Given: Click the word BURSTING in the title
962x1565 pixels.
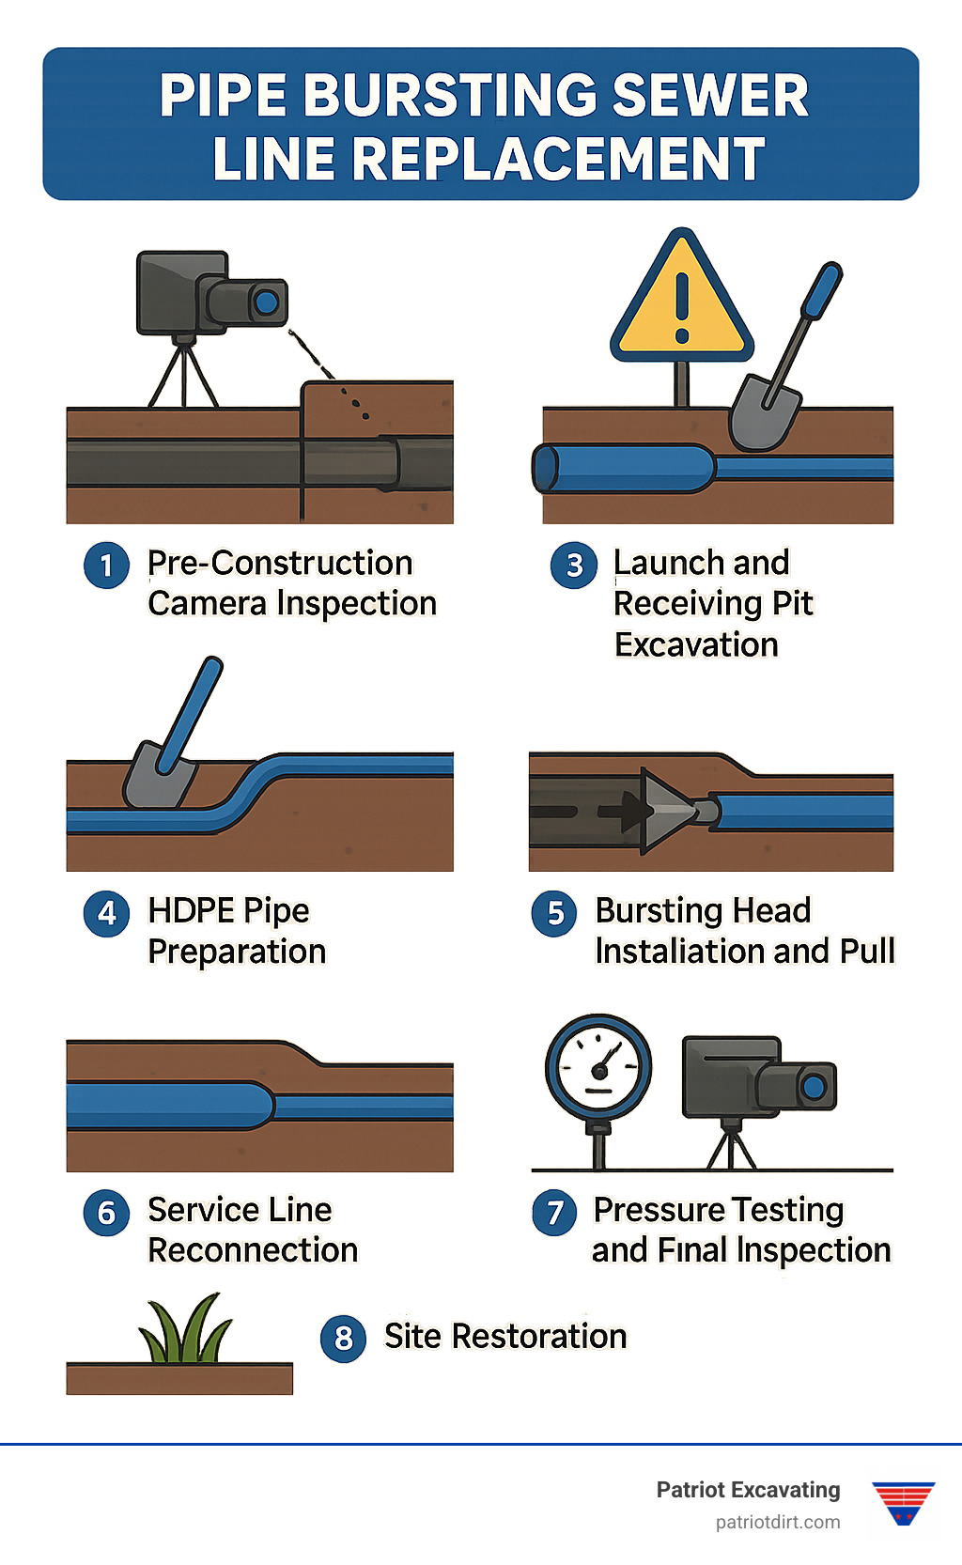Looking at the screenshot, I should pos(448,96).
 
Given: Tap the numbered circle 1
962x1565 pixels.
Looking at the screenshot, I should pos(106,566).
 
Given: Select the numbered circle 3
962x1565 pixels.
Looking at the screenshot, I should pos(573,566).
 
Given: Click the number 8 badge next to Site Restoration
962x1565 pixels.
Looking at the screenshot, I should pos(343,1338).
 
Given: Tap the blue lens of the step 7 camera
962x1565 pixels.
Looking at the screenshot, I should pos(815,1088).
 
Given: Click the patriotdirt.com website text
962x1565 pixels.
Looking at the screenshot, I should pos(778,1523).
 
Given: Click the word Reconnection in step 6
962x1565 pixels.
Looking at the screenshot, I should pos(253,1250).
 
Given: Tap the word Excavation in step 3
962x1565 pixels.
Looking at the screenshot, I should pos(696,645).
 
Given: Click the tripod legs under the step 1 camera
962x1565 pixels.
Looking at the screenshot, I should pos(184,378).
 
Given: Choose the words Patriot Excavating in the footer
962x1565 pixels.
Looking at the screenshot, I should pos(748,1490).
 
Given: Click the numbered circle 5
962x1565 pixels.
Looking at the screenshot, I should pos(554,913).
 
